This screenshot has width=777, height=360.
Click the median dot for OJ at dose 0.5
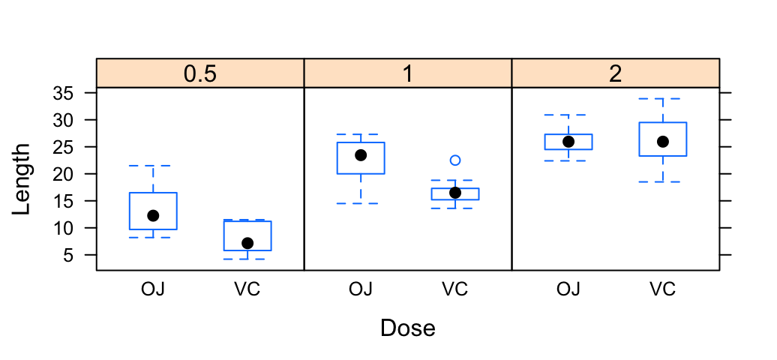coord(153,216)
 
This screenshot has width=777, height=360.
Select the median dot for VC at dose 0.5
coord(247,243)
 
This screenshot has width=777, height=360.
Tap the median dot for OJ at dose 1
coord(361,155)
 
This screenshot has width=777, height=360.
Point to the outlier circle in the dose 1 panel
coord(455,160)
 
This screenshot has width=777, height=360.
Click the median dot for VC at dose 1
coord(455,193)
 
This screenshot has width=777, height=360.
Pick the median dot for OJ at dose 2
coord(568,142)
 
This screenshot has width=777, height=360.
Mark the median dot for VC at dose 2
coord(662,142)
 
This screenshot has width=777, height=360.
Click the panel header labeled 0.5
coord(200,73)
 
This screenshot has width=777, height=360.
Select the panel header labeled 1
coord(408,73)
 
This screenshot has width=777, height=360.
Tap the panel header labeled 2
coord(616,73)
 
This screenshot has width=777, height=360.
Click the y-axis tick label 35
coord(64,93)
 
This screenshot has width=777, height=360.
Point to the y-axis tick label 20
coord(64,174)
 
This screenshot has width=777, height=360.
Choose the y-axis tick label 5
coord(69,255)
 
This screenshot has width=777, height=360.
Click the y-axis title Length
coord(21,179)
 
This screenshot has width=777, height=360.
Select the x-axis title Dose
coord(408,328)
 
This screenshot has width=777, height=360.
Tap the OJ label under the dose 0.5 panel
coord(153,289)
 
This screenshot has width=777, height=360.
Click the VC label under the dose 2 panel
coord(662,289)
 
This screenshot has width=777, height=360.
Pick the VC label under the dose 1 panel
coord(455,289)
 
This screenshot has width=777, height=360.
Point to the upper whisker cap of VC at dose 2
coord(662,99)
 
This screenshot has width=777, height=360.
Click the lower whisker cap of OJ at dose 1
coord(361,203)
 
